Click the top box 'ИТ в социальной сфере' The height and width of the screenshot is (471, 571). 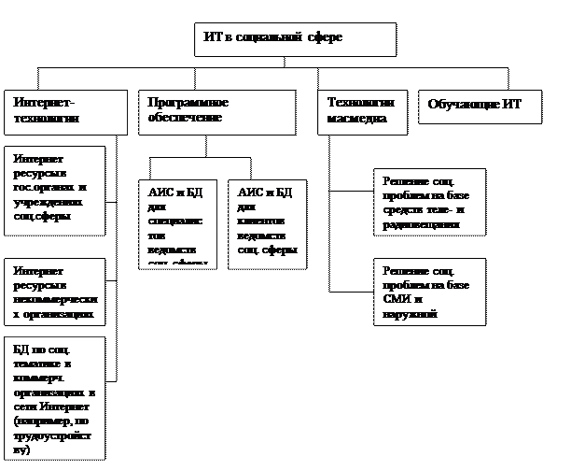click(297, 39)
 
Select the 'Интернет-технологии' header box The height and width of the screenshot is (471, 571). click(65, 111)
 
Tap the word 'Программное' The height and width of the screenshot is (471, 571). click(188, 103)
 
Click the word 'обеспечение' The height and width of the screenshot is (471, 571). click(185, 119)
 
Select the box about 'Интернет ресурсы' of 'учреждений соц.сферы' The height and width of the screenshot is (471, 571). click(55, 188)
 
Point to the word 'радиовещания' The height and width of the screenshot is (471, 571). click(421, 224)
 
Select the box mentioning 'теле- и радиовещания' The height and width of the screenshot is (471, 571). click(429, 200)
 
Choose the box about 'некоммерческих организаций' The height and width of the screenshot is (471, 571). click(55, 293)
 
